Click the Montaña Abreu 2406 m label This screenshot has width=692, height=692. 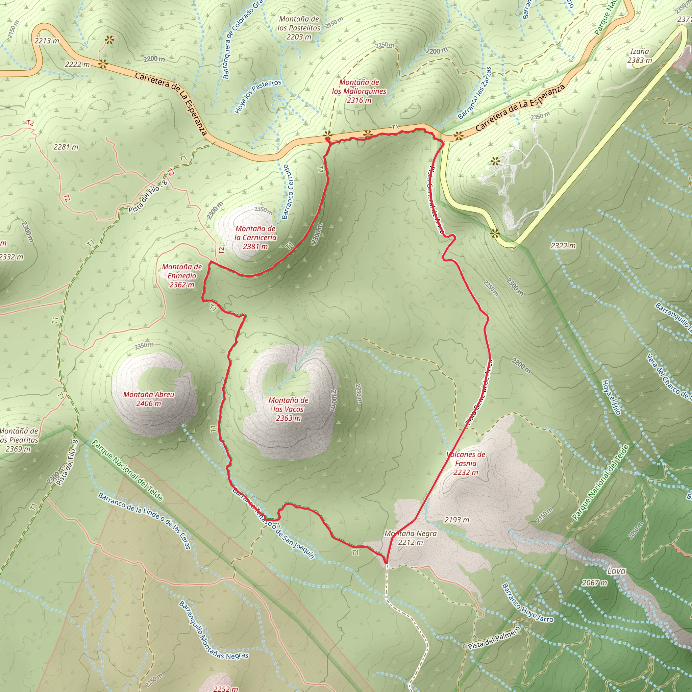point(149,399)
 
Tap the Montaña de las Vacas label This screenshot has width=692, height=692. point(288,409)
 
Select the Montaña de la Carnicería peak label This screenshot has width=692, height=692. point(255,238)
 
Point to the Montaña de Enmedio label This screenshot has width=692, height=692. point(182,276)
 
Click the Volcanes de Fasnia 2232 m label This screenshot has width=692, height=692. point(466,463)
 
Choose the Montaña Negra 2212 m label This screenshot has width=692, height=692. point(411,538)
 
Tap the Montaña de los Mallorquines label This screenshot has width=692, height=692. point(359,91)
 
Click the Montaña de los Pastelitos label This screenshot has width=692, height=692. point(299,28)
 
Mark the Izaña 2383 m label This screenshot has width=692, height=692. point(640,56)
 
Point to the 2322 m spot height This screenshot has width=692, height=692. point(563,246)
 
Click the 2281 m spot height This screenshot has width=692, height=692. point(66,147)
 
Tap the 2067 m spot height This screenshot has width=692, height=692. point(595,583)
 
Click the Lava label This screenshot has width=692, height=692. point(616,571)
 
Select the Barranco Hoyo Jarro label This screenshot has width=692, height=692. point(527,603)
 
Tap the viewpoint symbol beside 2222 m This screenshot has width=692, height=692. point(103,64)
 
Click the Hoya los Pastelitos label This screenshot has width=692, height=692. point(258,97)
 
